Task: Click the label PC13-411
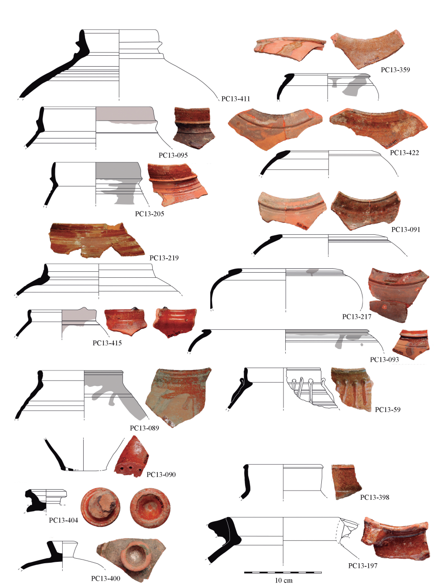tap(235, 99)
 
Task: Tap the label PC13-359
tap(395, 70)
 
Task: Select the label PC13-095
tap(173, 155)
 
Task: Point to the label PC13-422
tap(404, 153)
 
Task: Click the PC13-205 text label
tap(149, 214)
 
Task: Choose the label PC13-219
tap(164, 258)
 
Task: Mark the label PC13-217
tap(357, 317)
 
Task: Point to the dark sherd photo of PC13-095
tap(194, 128)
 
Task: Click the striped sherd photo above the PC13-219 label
tap(96, 240)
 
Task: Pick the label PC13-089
tap(144, 428)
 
